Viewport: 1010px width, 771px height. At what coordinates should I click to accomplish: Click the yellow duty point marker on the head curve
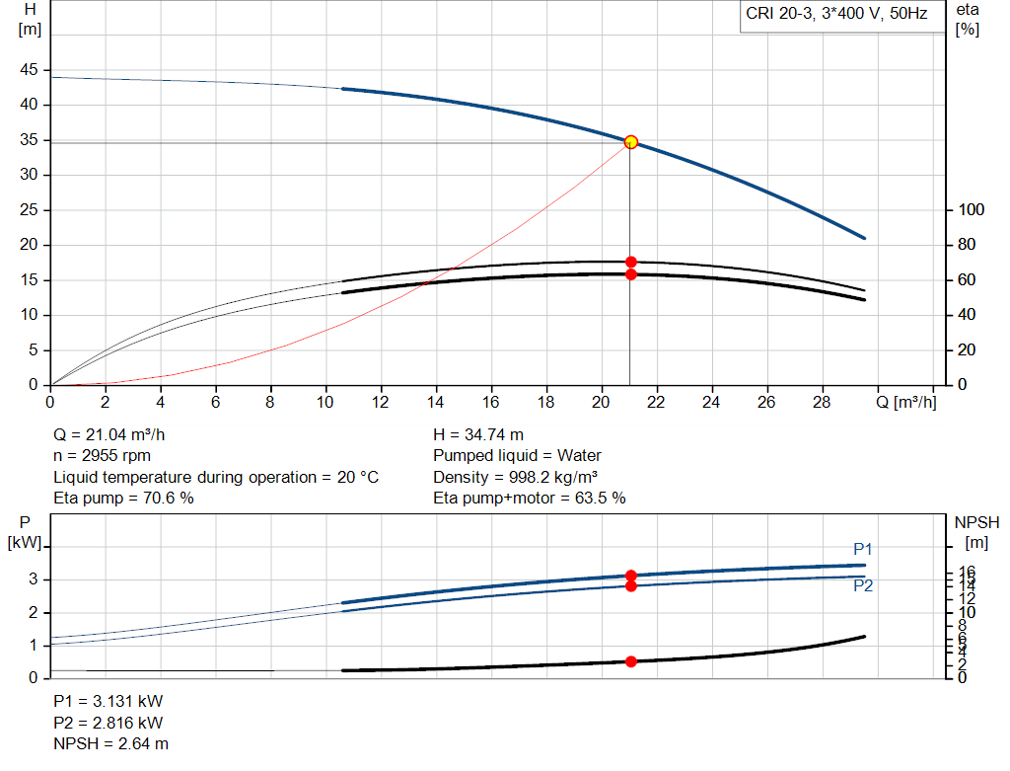click(631, 142)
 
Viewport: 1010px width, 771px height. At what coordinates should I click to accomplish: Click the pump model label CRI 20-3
click(835, 15)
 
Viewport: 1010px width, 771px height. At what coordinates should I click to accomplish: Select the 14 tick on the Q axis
click(435, 402)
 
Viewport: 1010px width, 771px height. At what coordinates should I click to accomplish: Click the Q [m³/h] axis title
click(904, 402)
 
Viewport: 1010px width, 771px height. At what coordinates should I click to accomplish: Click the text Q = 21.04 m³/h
click(116, 434)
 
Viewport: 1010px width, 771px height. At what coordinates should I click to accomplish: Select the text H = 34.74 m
click(478, 434)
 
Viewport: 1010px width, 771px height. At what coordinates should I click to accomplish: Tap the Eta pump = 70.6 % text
click(123, 499)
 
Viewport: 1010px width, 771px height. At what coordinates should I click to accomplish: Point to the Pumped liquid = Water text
click(517, 456)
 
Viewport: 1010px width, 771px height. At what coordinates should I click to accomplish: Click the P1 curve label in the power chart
click(863, 550)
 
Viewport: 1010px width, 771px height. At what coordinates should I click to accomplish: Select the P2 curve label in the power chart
click(863, 585)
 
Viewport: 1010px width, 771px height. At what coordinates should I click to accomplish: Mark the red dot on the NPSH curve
click(631, 661)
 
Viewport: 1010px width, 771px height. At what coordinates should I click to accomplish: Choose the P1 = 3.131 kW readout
click(108, 702)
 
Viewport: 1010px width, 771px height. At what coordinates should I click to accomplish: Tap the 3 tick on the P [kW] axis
click(35, 579)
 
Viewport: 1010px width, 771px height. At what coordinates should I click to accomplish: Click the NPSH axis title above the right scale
click(976, 522)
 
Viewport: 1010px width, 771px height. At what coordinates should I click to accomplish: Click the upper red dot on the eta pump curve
click(631, 262)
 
